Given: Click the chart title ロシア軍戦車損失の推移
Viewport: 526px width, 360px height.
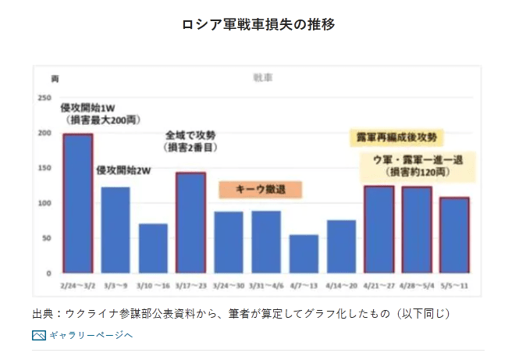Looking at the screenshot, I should (258, 24).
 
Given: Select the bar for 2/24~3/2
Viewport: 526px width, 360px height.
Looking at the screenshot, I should (78, 203).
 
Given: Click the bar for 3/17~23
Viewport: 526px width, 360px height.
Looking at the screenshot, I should (190, 222).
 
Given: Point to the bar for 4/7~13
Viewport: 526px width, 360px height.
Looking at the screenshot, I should (304, 253).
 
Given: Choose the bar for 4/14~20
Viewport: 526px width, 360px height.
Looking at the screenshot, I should (341, 246).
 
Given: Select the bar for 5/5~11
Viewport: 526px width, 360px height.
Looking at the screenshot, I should (454, 234).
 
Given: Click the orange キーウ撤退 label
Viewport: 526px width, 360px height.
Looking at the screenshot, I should (259, 189).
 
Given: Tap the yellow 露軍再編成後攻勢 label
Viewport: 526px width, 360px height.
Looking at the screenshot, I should (396, 137).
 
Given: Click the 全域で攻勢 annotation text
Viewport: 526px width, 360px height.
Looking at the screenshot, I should (190, 135).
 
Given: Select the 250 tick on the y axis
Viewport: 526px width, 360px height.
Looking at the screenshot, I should (45, 98).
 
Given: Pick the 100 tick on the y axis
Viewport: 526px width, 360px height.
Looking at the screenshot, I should (45, 203).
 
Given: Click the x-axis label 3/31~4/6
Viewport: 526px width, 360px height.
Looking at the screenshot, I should (265, 285).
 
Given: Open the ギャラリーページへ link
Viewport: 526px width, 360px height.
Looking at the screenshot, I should (91, 335).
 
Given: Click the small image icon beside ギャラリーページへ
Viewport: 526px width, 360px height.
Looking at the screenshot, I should (39, 335).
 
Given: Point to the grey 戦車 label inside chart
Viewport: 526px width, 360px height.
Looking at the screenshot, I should (262, 77).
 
